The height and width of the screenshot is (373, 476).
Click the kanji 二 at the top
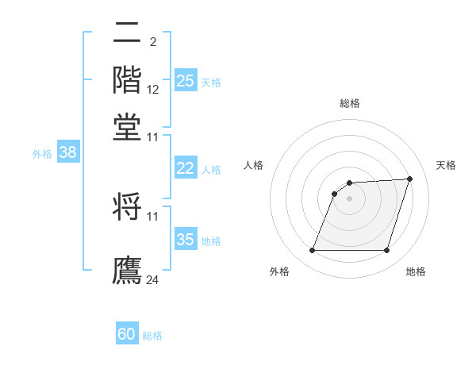pos(127,33)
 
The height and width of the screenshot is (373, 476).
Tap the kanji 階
pos(127,79)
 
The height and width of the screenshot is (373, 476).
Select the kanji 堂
pos(127,127)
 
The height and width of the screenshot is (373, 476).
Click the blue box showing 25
pos(186,81)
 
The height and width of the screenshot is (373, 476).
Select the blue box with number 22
pos(186,168)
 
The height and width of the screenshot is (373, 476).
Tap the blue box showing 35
pos(186,240)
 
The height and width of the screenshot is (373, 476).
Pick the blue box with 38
pos(67,153)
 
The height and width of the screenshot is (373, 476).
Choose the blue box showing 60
pos(127,334)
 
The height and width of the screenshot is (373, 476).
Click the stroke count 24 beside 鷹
pos(153,279)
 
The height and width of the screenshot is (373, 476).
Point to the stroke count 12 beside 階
pos(153,90)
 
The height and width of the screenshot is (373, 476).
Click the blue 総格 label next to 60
pos(152,336)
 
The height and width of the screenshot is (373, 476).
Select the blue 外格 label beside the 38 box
pos(42,154)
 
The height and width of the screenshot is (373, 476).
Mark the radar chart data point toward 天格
pos(410,179)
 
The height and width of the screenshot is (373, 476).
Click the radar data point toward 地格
pos(386,251)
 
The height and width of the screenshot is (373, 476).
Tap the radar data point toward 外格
pos(312,251)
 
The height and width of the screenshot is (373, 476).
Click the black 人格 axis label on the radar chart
pos(254,165)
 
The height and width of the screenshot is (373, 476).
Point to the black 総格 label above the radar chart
pos(349,103)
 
